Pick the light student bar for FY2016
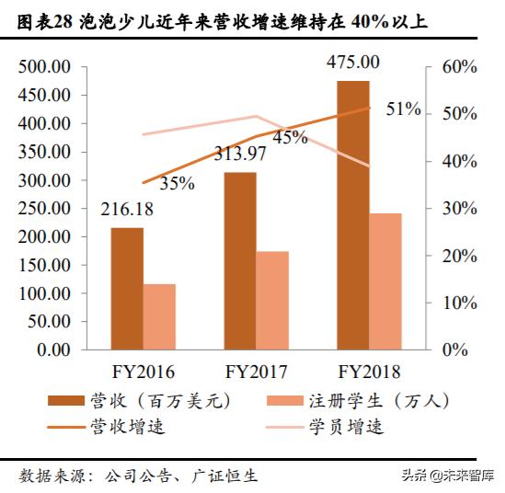point(159,317)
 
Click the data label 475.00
point(353,63)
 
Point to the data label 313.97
point(240,154)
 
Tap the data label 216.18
point(127,211)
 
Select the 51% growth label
point(403,109)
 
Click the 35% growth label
point(177,183)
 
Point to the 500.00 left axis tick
point(46,67)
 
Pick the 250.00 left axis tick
point(46,209)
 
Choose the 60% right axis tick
point(458,67)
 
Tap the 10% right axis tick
point(458,303)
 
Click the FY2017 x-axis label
point(257,373)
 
